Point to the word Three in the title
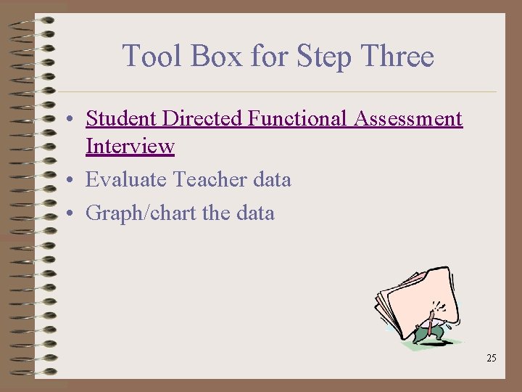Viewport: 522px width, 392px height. [397, 56]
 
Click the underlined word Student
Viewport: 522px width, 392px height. [121, 118]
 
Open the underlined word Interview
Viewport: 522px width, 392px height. [130, 146]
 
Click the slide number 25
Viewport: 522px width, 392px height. [492, 358]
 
